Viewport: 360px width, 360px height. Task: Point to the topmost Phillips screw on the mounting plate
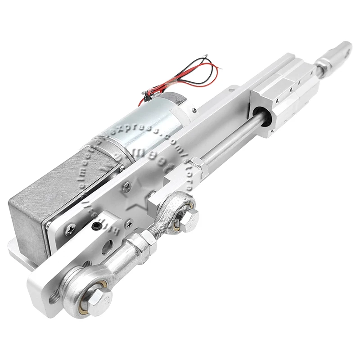[128, 184]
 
